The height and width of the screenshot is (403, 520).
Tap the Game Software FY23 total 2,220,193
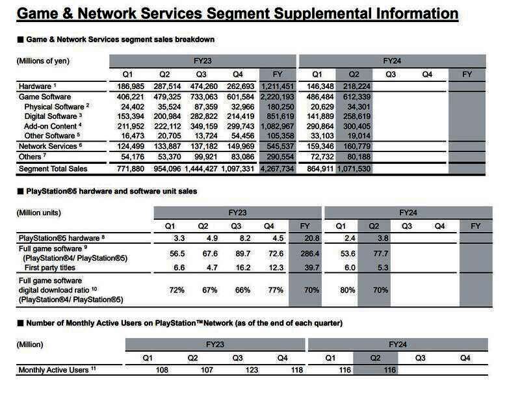[x=277, y=96]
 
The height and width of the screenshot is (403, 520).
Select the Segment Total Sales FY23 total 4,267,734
[x=277, y=169]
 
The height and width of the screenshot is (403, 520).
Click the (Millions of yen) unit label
[x=43, y=61]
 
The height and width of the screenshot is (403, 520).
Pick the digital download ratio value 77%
[x=275, y=290]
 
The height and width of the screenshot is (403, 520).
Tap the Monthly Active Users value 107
[x=194, y=370]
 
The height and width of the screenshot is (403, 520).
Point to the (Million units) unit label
[x=40, y=213]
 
